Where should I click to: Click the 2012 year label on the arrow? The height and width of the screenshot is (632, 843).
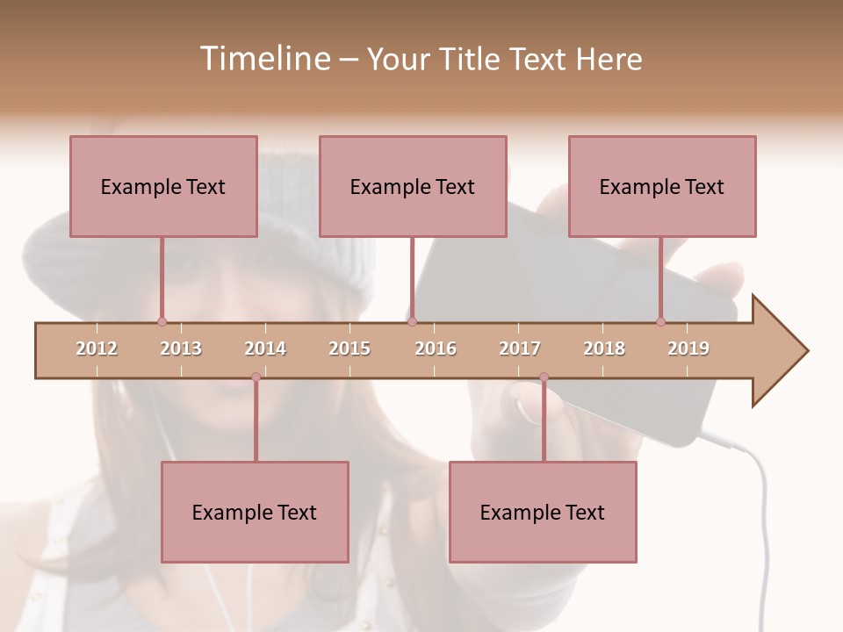(97, 348)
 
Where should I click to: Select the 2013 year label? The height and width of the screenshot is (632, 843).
(181, 348)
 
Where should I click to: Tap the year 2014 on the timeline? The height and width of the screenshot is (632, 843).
(265, 348)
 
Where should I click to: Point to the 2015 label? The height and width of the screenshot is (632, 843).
(349, 348)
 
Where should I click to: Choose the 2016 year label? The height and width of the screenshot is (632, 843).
(436, 348)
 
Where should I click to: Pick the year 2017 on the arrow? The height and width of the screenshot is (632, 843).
(520, 348)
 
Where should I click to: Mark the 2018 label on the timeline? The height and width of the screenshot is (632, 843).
(604, 348)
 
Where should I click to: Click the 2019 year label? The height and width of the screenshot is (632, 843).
(688, 348)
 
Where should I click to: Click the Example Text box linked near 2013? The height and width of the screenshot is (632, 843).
(163, 186)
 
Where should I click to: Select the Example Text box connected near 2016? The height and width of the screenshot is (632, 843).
(413, 186)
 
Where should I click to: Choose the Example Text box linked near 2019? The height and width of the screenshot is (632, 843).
(662, 186)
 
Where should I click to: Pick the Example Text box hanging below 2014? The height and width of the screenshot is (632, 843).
(255, 512)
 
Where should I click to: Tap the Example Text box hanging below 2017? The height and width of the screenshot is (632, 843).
(543, 512)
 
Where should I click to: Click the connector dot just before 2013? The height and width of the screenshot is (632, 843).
(162, 321)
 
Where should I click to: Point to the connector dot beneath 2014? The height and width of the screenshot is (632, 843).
(256, 377)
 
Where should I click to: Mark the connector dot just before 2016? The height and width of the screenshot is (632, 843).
(412, 321)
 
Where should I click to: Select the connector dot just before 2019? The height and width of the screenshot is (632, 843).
(660, 321)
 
